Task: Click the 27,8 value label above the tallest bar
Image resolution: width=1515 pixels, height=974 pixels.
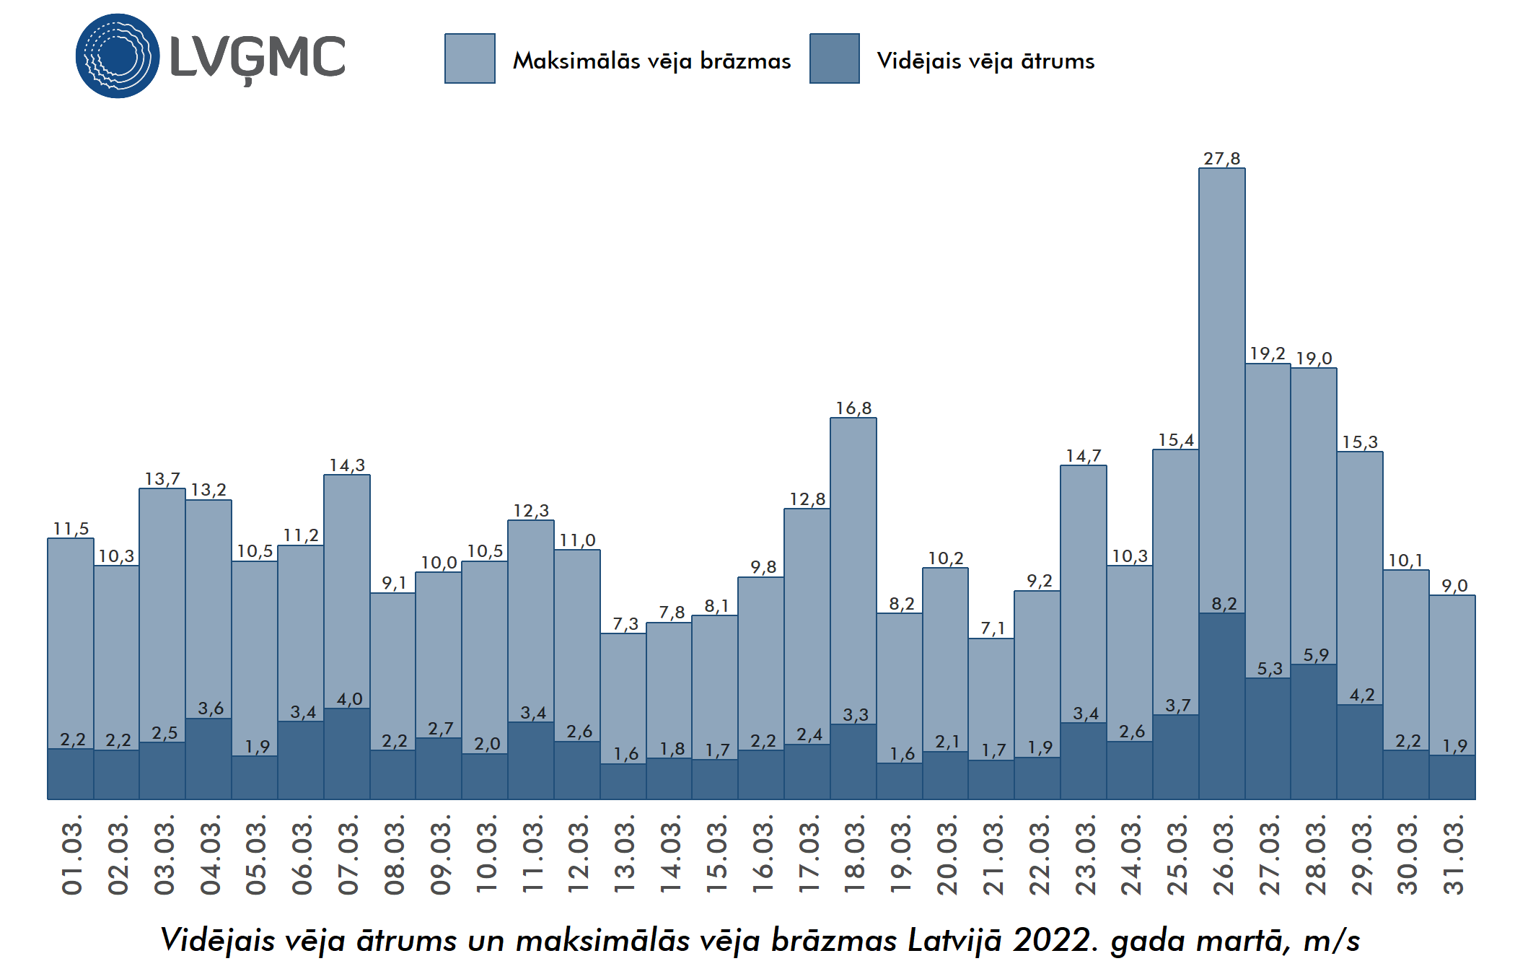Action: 1221,159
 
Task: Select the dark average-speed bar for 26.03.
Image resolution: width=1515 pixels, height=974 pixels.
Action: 1221,707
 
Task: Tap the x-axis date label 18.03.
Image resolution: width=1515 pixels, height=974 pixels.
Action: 854,855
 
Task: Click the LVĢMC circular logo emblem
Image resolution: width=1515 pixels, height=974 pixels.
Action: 118,56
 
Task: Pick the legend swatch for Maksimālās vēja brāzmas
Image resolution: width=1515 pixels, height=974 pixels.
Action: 470,58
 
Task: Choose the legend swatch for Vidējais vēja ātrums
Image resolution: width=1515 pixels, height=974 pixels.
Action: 834,58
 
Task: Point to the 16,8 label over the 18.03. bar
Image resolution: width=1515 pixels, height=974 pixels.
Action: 853,408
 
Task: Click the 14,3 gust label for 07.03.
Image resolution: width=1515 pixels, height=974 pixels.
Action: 347,465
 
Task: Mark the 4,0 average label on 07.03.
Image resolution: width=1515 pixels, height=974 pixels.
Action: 349,699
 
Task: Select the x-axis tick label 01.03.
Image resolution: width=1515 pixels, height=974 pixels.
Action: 72,855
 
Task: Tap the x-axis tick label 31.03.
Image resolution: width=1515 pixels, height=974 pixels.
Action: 1453,855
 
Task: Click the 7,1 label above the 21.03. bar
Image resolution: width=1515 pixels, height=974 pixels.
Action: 992,628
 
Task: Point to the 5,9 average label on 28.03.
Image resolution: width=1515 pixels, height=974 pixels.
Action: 1315,655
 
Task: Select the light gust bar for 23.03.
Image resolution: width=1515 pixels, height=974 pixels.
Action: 1083,592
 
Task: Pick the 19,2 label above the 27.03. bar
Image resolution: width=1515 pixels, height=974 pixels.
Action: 1268,354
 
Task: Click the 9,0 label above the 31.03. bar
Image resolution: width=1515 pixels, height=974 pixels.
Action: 1454,586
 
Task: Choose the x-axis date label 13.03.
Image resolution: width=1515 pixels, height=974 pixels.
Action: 624,855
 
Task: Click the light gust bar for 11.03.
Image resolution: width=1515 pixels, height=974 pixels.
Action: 531,620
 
